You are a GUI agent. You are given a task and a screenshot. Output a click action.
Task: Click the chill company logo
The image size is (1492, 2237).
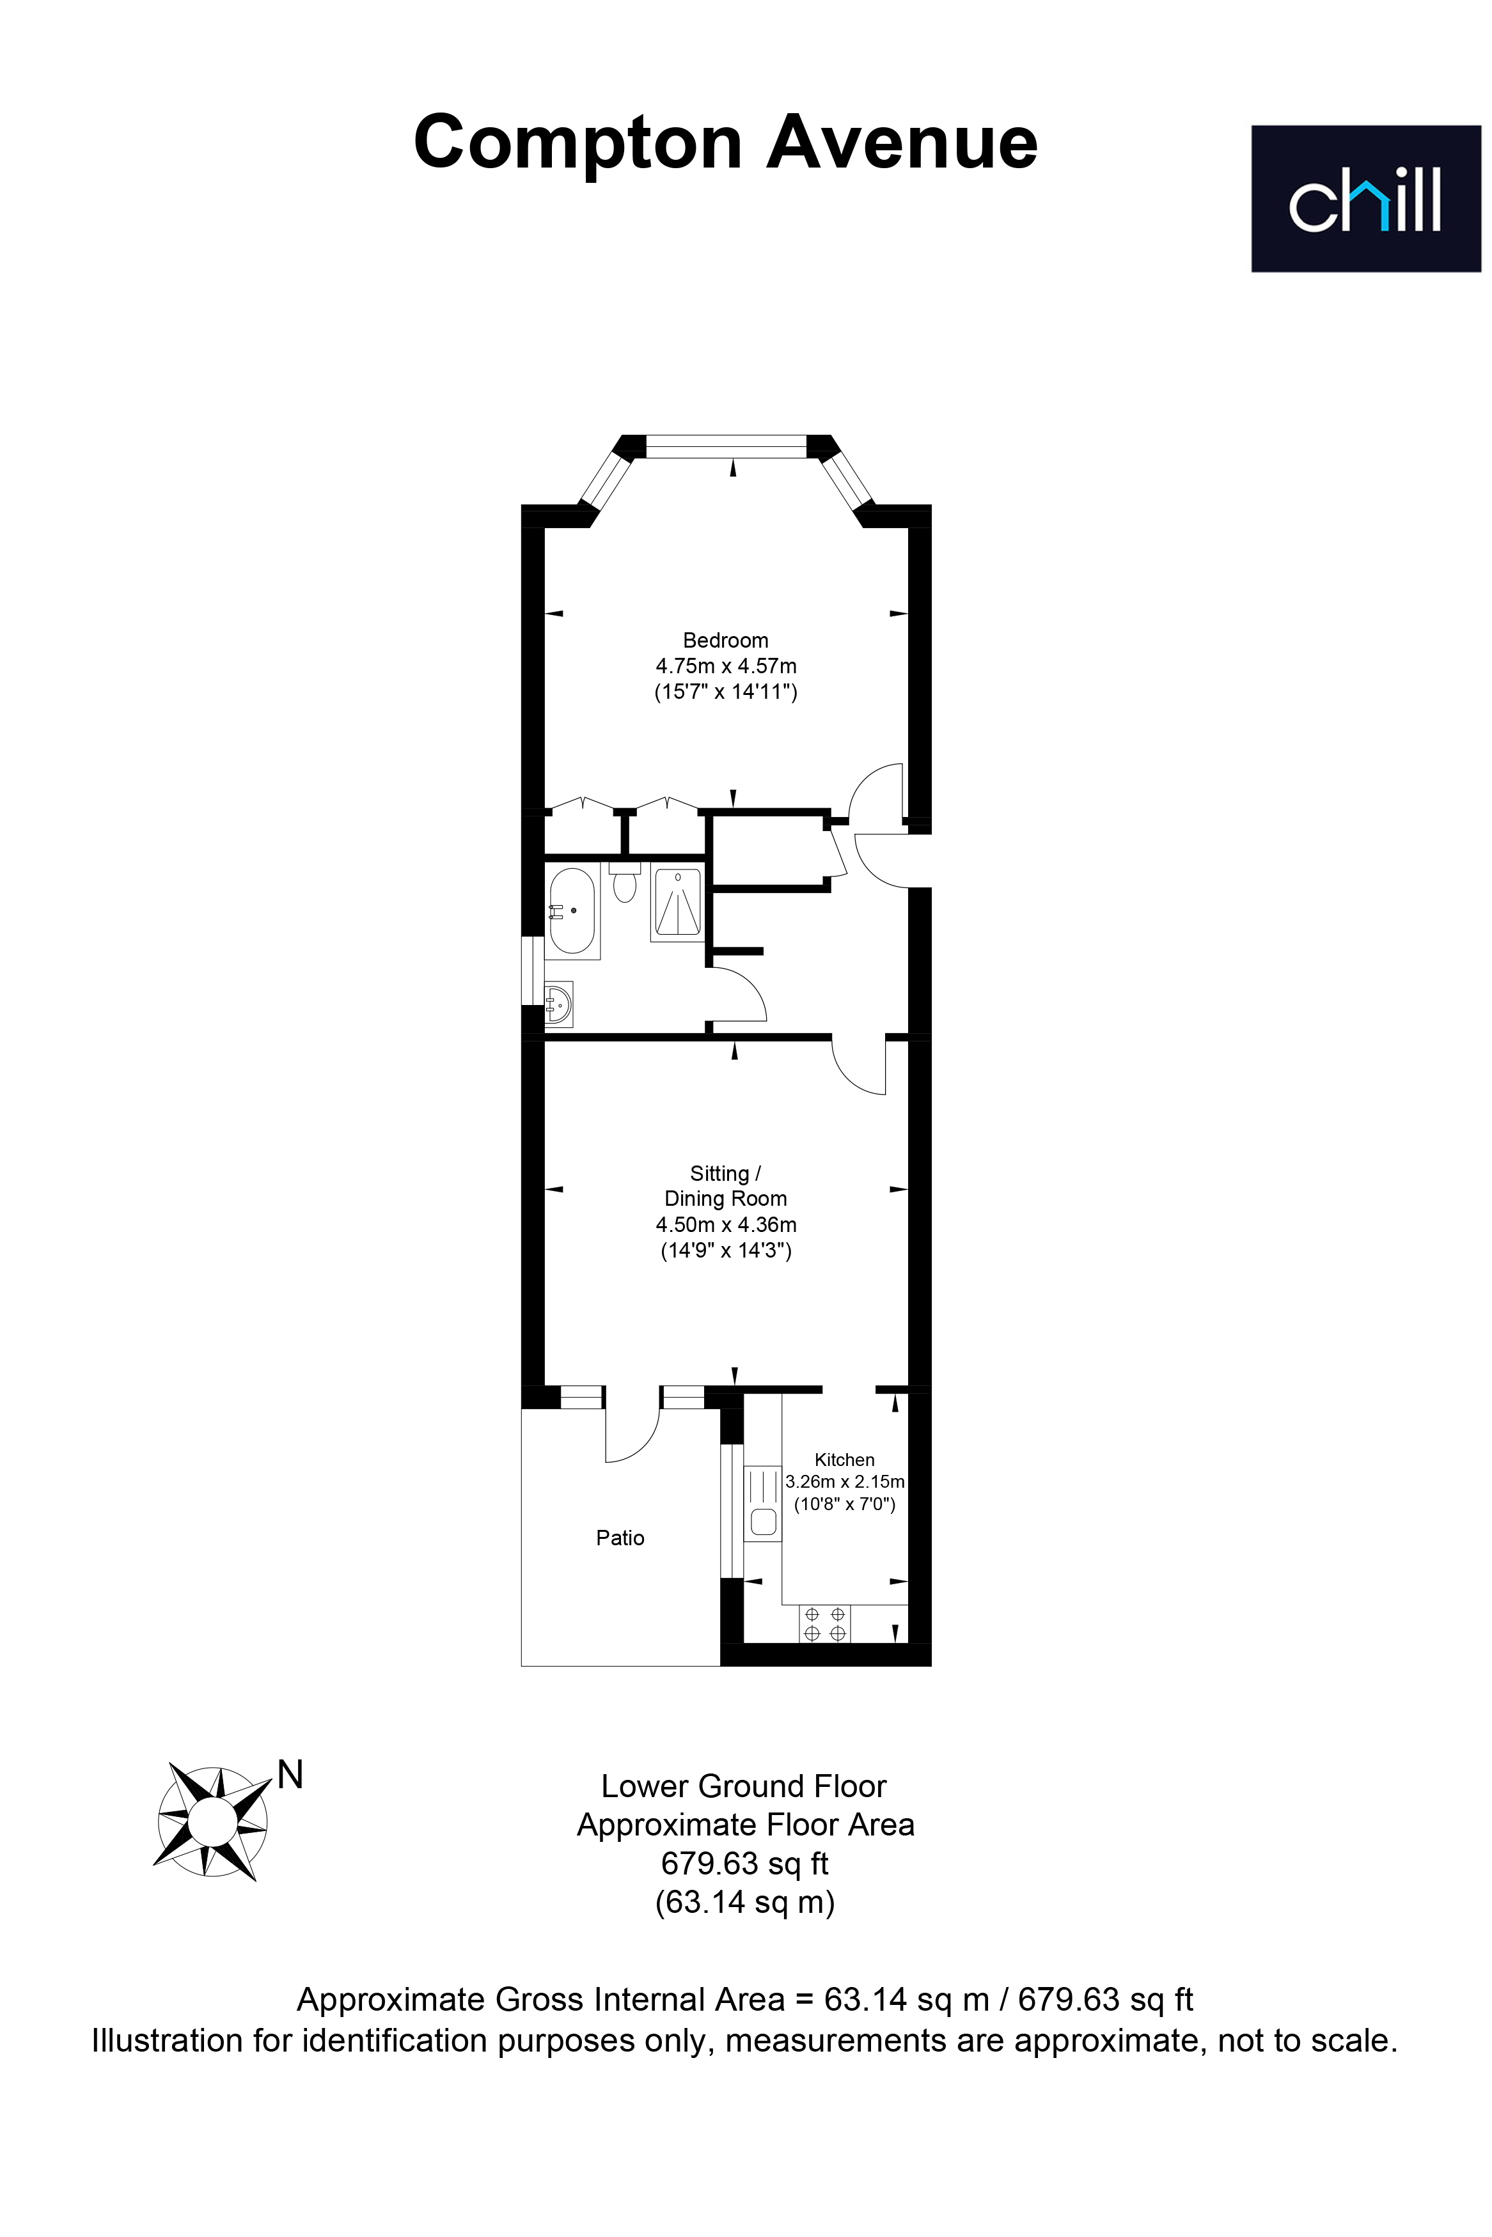click(1365, 199)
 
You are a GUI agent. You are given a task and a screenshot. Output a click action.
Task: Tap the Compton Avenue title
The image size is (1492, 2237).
click(725, 143)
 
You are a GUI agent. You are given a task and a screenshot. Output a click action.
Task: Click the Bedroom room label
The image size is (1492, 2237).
click(725, 640)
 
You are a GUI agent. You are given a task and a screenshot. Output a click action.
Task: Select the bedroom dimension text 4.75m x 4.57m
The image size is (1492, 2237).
click(725, 666)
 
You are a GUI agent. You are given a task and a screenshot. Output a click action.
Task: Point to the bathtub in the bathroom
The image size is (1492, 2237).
click(572, 910)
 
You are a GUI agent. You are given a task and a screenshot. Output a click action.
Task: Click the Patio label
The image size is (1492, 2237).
click(620, 1538)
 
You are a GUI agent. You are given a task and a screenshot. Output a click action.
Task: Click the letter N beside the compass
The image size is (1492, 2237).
click(290, 1775)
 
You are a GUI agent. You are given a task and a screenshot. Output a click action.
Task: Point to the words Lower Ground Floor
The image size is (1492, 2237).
click(744, 1786)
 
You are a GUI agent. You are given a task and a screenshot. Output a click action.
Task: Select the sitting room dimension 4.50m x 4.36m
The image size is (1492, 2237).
click(726, 1224)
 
